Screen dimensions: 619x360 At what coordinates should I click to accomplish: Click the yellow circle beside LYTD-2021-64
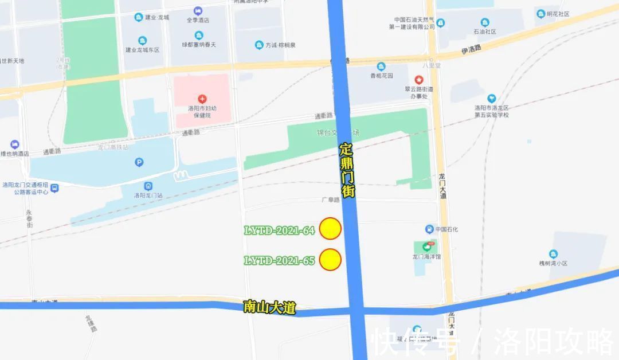click(331, 228)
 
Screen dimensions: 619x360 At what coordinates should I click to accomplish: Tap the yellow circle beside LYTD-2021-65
click(331, 260)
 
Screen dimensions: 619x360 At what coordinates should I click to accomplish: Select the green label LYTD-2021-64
click(280, 230)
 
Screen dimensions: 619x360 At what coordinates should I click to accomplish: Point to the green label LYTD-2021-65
click(280, 261)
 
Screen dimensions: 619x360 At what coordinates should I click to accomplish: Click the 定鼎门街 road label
click(347, 170)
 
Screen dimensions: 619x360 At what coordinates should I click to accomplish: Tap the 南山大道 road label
click(269, 308)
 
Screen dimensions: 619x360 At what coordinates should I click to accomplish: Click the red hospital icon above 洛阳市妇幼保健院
click(202, 99)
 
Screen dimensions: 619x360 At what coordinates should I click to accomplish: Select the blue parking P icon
click(139, 162)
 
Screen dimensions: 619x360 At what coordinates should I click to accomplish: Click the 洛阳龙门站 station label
click(148, 195)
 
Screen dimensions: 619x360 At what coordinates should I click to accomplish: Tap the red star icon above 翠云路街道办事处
click(419, 79)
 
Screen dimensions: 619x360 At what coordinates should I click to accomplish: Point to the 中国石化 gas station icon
click(429, 229)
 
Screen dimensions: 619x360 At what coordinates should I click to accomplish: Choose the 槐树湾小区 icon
click(553, 253)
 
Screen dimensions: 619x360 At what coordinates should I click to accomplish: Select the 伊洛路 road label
click(471, 51)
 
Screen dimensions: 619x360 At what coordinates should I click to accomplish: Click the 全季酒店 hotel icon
click(198, 11)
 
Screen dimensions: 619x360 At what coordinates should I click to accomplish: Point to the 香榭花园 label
click(381, 75)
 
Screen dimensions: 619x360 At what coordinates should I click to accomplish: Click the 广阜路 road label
click(331, 201)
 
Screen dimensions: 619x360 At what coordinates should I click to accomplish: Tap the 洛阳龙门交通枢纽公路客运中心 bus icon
click(54, 187)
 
